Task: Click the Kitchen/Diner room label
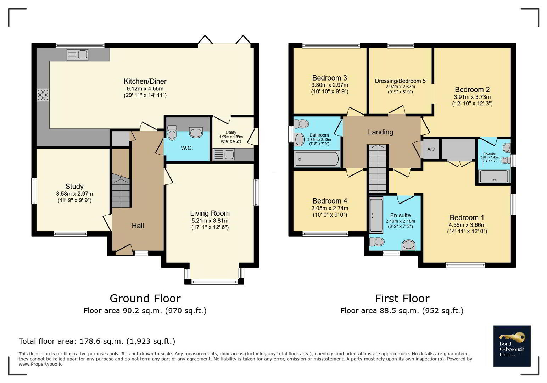145,81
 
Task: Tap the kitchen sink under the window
77,55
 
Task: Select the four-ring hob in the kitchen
43,95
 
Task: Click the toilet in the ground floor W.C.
172,133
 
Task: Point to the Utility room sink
224,155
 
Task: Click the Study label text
74,187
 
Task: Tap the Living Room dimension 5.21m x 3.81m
210,221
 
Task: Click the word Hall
138,226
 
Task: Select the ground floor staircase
121,190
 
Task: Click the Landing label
380,132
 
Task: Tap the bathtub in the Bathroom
317,159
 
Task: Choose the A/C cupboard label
431,149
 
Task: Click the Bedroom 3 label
329,78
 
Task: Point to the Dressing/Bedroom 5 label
400,81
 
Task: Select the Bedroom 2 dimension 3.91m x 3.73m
472,97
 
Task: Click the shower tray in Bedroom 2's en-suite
495,176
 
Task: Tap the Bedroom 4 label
330,201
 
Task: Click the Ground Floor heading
145,299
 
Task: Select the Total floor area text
97,341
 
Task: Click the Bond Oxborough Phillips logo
512,346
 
